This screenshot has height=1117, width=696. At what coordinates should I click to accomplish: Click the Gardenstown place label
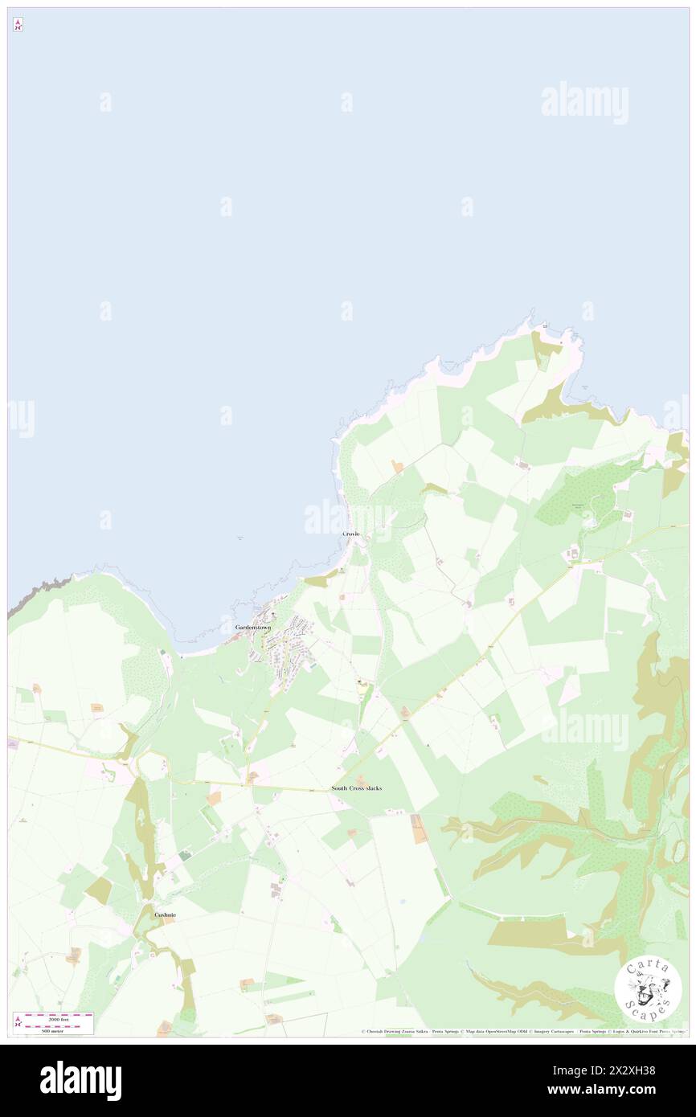pos(252,627)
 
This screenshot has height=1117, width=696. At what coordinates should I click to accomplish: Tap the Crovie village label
pos(351,534)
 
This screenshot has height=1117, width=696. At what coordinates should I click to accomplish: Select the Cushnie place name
pos(166,915)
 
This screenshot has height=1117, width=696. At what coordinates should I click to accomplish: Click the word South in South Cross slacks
pos(339,788)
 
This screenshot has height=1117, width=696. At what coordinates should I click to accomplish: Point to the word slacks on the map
pos(372,788)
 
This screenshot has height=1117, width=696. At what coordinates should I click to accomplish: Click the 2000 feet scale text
pos(59,1017)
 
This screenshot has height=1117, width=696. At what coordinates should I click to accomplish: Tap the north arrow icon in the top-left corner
pos(18,24)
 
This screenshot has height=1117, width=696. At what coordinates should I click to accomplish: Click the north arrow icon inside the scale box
pos(18,1023)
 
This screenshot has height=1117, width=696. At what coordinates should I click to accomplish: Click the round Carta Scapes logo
pos(648,990)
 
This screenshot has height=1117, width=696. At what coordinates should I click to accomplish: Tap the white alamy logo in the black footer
pos(80,1080)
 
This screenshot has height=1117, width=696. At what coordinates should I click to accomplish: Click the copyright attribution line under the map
pos(522,1032)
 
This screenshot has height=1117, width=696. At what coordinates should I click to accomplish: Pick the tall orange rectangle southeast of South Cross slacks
pos(417,829)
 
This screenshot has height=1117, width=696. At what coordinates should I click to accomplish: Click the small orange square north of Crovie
pos(396,466)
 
